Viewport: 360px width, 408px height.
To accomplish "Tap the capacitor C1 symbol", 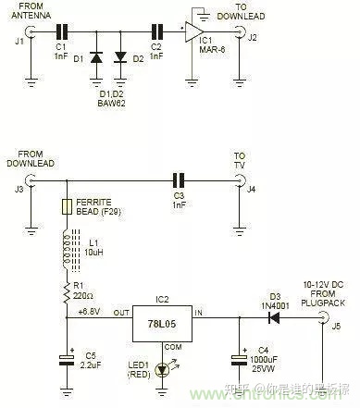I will tap(63, 31).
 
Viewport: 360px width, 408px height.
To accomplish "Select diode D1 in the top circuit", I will tap(94, 58).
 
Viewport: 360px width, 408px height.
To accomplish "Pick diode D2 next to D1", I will tap(119, 58).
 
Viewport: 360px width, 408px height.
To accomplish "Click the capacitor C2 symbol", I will tap(156, 31).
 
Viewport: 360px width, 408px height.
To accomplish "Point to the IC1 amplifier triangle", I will tap(195, 32).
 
